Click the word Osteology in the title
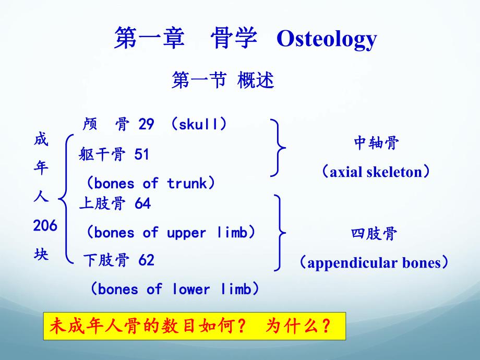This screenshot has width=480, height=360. [x=326, y=39]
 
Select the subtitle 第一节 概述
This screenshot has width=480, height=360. [x=223, y=80]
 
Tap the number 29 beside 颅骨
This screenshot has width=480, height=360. [x=146, y=124]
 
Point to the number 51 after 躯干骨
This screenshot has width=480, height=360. [x=142, y=154]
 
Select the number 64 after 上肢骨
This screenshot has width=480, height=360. [x=142, y=203]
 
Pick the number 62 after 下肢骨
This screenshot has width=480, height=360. [x=147, y=260]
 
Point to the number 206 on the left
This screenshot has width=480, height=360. [x=45, y=226]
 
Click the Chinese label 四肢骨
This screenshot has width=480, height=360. [x=375, y=234]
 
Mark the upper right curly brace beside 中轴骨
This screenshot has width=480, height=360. [x=280, y=148]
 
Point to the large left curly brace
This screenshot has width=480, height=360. [x=66, y=198]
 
